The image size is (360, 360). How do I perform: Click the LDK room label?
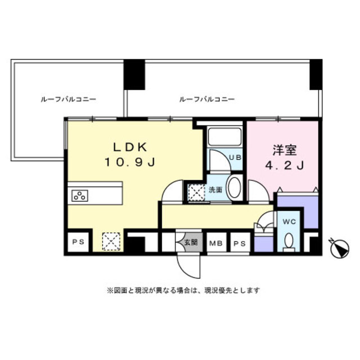point(130,147)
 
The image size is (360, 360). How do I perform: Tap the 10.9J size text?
point(130,163)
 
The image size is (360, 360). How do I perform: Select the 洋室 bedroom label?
point(285,150)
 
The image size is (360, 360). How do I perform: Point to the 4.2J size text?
point(285,165)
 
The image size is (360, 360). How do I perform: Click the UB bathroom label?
point(236,157)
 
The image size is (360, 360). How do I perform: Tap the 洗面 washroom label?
point(215,190)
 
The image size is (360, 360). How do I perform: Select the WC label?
point(289,222)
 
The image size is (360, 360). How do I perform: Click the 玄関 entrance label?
point(191,242)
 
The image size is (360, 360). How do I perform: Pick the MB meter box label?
point(216,244)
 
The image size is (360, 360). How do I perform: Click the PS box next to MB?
point(240,244)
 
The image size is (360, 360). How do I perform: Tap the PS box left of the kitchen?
point(78,242)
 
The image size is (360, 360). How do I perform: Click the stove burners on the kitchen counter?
point(80,196)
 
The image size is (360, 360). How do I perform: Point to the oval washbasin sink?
point(235,188)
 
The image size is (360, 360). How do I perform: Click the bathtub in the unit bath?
point(225,136)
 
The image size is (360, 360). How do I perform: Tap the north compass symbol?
point(340,249)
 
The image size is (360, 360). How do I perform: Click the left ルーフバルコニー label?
point(68,100)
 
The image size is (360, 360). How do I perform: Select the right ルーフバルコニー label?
point(206,100)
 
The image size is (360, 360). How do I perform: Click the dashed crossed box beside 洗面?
point(196,193)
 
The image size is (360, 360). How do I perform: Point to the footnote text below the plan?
point(183,290)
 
